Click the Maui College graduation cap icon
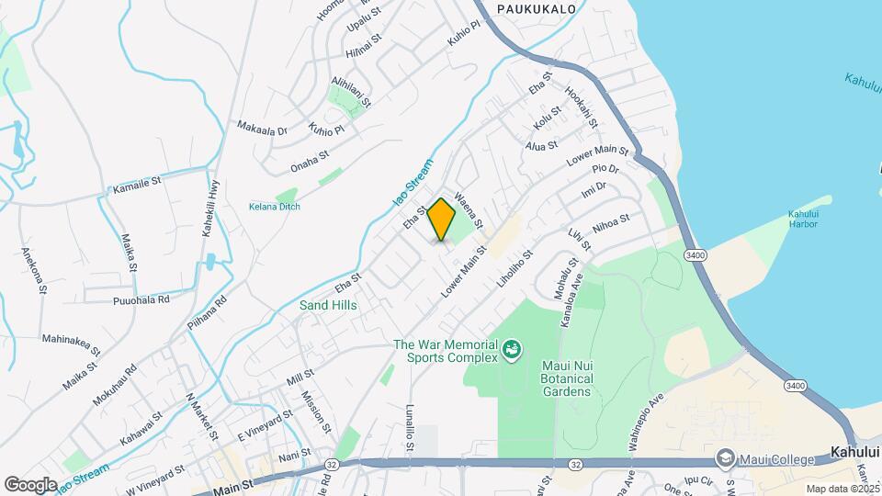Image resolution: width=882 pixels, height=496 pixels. coord(726,458)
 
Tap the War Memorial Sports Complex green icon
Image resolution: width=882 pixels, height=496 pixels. coord(511,350)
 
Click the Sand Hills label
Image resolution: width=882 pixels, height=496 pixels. coord(327,305)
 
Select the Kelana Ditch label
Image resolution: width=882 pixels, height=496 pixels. coord(274,207)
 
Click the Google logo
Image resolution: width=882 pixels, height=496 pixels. coord(30,484)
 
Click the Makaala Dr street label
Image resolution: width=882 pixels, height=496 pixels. coord(262,129)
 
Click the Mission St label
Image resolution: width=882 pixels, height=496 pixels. coord(316,411)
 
